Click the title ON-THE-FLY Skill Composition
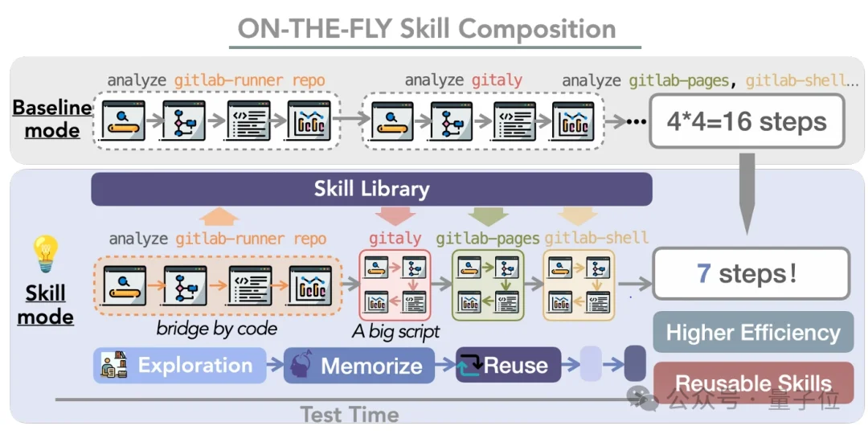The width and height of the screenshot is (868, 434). point(427,29)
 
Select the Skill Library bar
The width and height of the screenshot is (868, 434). point(371,190)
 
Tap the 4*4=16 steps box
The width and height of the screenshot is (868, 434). point(747,121)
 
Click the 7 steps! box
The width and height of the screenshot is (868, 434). point(751,273)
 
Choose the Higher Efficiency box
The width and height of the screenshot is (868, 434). point(752,332)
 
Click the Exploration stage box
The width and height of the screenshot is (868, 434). point(179,366)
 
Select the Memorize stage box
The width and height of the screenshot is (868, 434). point(359,366)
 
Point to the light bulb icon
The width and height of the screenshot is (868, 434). point(45,253)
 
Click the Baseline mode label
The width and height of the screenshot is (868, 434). point(51,119)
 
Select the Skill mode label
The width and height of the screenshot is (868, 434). point(45,305)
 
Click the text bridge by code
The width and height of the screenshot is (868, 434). point(217,329)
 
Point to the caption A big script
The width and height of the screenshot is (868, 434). point(396,331)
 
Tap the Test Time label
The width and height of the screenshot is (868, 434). point(350,415)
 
